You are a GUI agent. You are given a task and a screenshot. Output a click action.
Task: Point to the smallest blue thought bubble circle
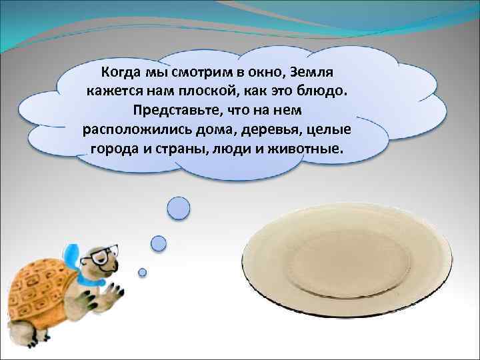pyautogui.click(x=142, y=272)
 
